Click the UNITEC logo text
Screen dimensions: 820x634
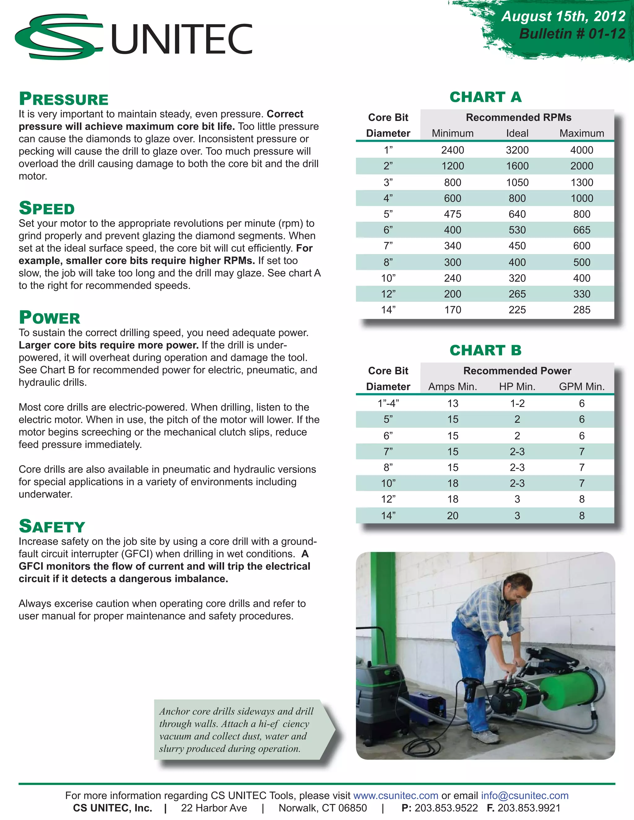182,39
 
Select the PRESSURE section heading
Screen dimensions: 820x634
64,99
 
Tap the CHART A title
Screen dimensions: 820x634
486,97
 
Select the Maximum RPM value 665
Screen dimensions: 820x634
581,230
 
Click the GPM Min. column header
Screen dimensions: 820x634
581,386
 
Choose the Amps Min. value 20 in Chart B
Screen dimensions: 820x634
453,516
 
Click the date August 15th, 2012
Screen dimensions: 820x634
563,16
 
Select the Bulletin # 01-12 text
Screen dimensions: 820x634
572,34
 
